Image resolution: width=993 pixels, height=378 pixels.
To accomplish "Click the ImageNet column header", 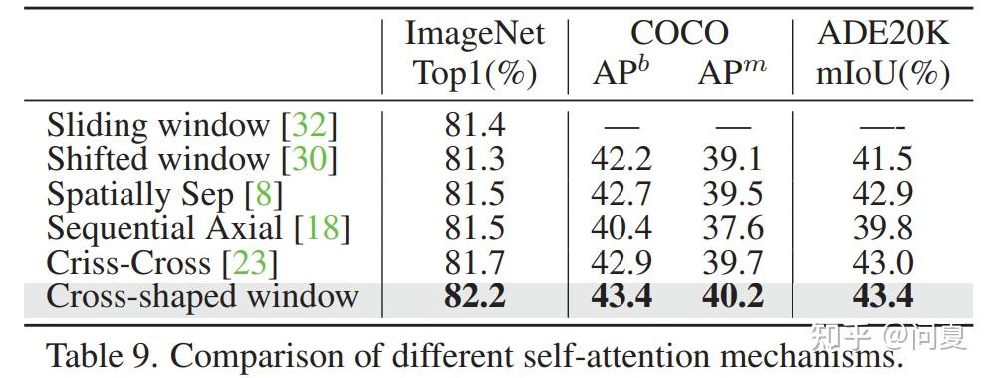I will coord(474,34).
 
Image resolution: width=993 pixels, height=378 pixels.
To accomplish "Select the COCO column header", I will coord(679,34).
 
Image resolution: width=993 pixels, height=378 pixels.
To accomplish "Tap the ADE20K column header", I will coord(882,34).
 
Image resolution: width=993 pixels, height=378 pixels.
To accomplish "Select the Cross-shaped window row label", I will coord(202,296).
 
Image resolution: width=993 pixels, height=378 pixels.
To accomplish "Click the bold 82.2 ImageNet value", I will coord(474,296).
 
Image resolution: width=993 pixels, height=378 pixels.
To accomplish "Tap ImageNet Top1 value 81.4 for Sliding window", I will coord(474,126).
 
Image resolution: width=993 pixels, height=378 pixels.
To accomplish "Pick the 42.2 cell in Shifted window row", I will coord(622,160).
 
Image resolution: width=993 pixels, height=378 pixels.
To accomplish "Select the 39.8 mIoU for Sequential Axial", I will coord(881,228).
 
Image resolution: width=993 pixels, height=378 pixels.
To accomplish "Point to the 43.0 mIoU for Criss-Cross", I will coord(881,262).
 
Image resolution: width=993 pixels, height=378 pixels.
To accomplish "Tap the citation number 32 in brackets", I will coord(309,126).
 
